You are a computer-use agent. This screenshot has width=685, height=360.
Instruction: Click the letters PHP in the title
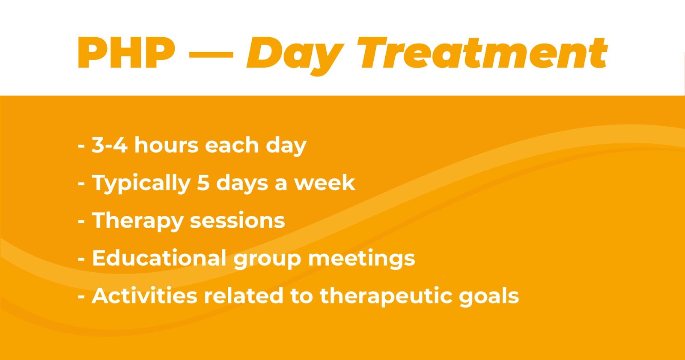click(126, 53)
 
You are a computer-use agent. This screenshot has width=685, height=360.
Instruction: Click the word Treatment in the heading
click(482, 53)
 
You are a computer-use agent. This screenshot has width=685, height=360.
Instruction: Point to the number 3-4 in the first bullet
click(110, 145)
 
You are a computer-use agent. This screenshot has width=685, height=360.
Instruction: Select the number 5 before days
click(203, 183)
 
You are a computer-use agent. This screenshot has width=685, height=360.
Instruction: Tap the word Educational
click(159, 258)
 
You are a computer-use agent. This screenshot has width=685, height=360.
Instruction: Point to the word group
click(267, 260)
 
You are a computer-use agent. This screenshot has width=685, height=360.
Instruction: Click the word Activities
click(145, 295)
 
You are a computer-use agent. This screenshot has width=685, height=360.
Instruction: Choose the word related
click(244, 295)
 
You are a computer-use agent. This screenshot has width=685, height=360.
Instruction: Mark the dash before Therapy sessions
click(81, 222)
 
